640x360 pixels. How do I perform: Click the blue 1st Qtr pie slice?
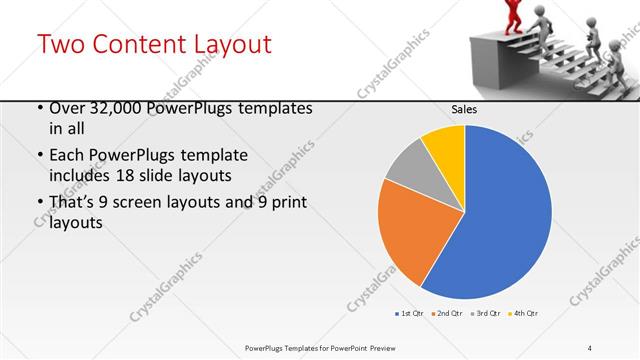click(500, 215)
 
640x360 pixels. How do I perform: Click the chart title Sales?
click(464, 109)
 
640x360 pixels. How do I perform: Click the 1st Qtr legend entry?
click(410, 314)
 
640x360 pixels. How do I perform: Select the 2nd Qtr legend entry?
click(447, 314)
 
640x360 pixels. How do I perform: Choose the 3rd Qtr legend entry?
click(485, 314)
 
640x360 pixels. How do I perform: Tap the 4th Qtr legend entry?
click(523, 314)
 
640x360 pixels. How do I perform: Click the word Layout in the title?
click(226, 44)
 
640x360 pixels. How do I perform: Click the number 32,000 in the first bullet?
click(123, 109)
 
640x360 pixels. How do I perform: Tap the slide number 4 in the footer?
click(590, 347)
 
